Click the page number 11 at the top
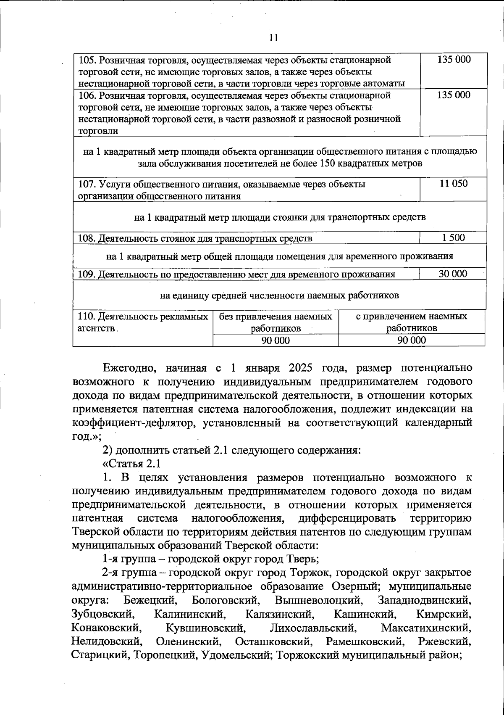[x=273, y=38]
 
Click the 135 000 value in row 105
[x=454, y=59]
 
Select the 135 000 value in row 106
[x=454, y=95]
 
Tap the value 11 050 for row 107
[x=453, y=184]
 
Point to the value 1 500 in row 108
[x=453, y=238]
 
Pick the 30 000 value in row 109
[x=453, y=274]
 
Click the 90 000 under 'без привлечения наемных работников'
[x=276, y=340]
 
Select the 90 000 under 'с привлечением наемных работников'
[x=412, y=340]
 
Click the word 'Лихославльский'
[x=312, y=628]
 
